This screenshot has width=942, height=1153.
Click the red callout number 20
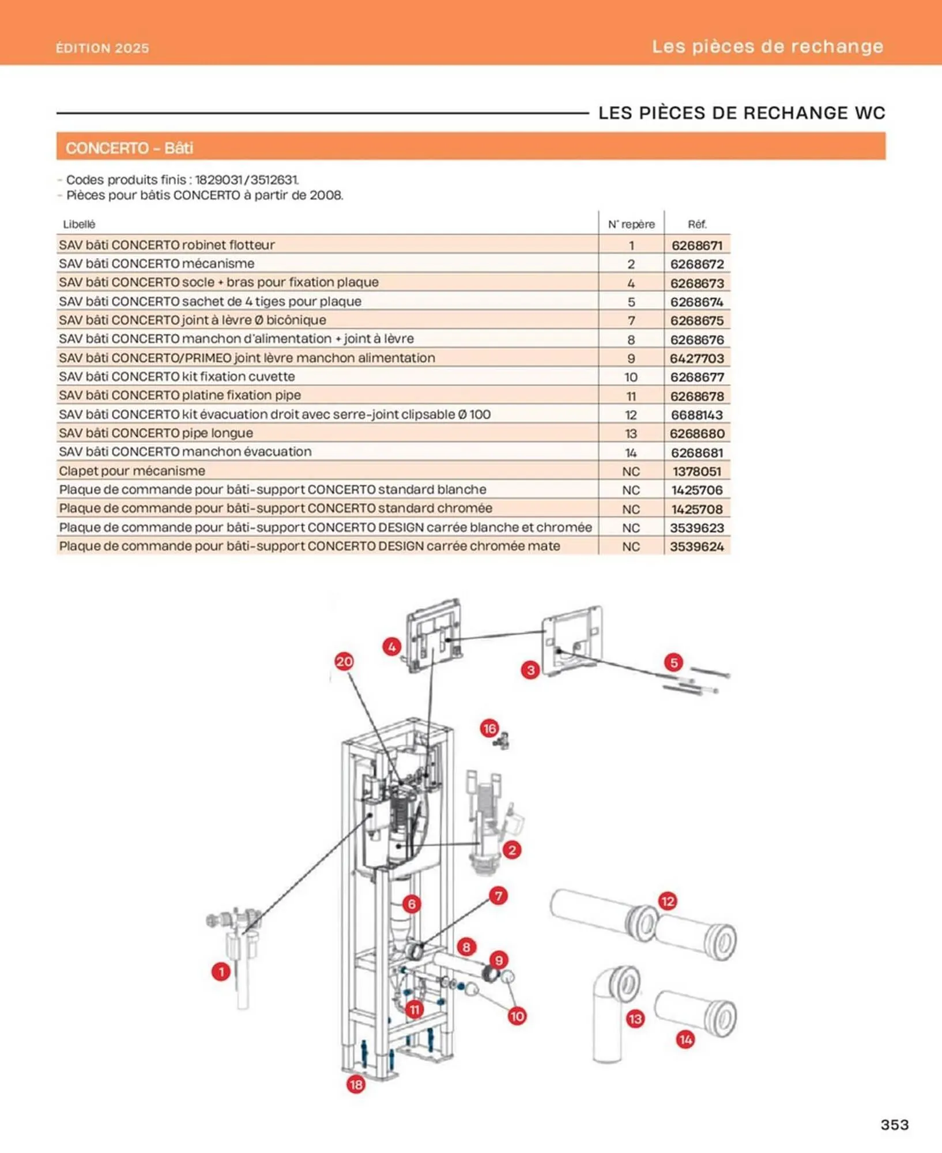click(x=344, y=661)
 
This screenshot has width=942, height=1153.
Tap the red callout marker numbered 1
click(x=221, y=971)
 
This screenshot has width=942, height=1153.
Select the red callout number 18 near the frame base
click(x=356, y=1084)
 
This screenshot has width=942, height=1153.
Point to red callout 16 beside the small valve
click(x=489, y=729)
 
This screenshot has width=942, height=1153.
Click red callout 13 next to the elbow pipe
click(x=635, y=1019)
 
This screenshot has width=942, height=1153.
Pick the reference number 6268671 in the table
click(x=696, y=245)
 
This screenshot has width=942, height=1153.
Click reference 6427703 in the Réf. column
click(x=696, y=358)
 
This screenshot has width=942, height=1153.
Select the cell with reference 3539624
click(x=696, y=546)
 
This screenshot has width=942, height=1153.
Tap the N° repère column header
click(x=631, y=224)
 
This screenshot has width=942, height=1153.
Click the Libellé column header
click(x=79, y=224)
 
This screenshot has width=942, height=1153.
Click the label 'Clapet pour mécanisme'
click(x=132, y=470)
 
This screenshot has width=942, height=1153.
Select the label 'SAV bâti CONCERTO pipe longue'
click(x=156, y=433)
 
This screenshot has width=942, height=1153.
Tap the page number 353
click(x=894, y=1124)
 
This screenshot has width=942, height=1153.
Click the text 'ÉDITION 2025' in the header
click(x=103, y=48)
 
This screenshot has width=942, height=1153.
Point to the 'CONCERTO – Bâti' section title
click(x=129, y=148)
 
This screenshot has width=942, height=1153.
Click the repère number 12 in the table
click(x=631, y=415)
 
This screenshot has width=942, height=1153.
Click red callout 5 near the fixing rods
click(x=673, y=662)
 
